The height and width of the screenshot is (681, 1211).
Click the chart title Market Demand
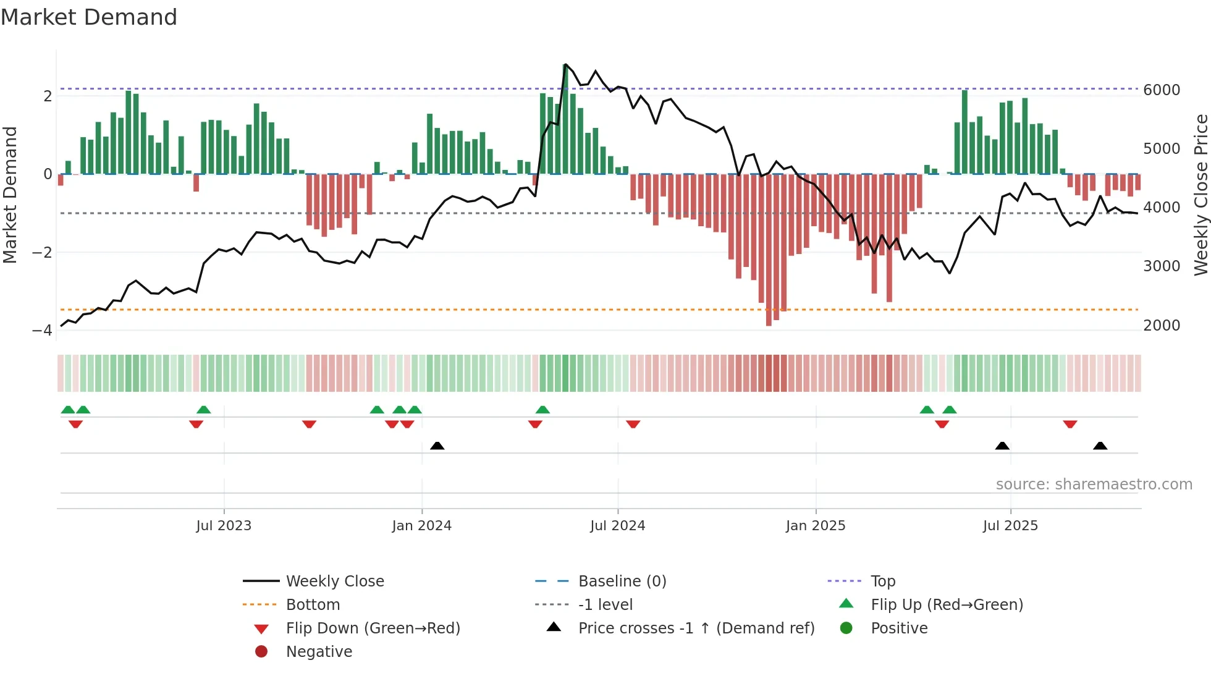coord(89,17)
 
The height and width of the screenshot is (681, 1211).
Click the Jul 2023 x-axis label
coord(224,526)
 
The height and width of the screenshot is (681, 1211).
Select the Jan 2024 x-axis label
coord(421,526)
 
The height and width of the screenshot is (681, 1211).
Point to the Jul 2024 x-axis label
coord(617,526)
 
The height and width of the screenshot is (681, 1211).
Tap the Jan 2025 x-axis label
coord(816,526)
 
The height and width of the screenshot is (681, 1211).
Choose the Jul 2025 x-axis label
coord(1010,526)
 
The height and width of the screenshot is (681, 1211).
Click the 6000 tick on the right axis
coord(1162,90)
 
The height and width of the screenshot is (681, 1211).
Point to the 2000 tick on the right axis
coord(1162,326)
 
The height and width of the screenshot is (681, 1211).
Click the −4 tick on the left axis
coord(42,331)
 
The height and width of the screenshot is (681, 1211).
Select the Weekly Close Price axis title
coord(1200,195)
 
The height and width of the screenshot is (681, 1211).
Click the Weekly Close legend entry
coord(335,582)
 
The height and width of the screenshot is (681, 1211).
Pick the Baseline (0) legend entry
coord(622,582)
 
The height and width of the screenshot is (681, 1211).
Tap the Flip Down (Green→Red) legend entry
coord(373,628)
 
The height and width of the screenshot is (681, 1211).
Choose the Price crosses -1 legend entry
coord(696,628)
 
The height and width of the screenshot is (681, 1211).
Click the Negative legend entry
coord(319,652)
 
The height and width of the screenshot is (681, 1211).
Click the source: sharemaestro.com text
coord(1094,484)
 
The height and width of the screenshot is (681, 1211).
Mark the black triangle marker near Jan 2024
coord(437,446)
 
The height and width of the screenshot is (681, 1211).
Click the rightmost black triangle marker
coord(1100,446)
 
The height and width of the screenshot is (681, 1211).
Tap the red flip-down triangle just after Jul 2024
coord(633,424)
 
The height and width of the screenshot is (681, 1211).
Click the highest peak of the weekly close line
coord(565,64)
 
